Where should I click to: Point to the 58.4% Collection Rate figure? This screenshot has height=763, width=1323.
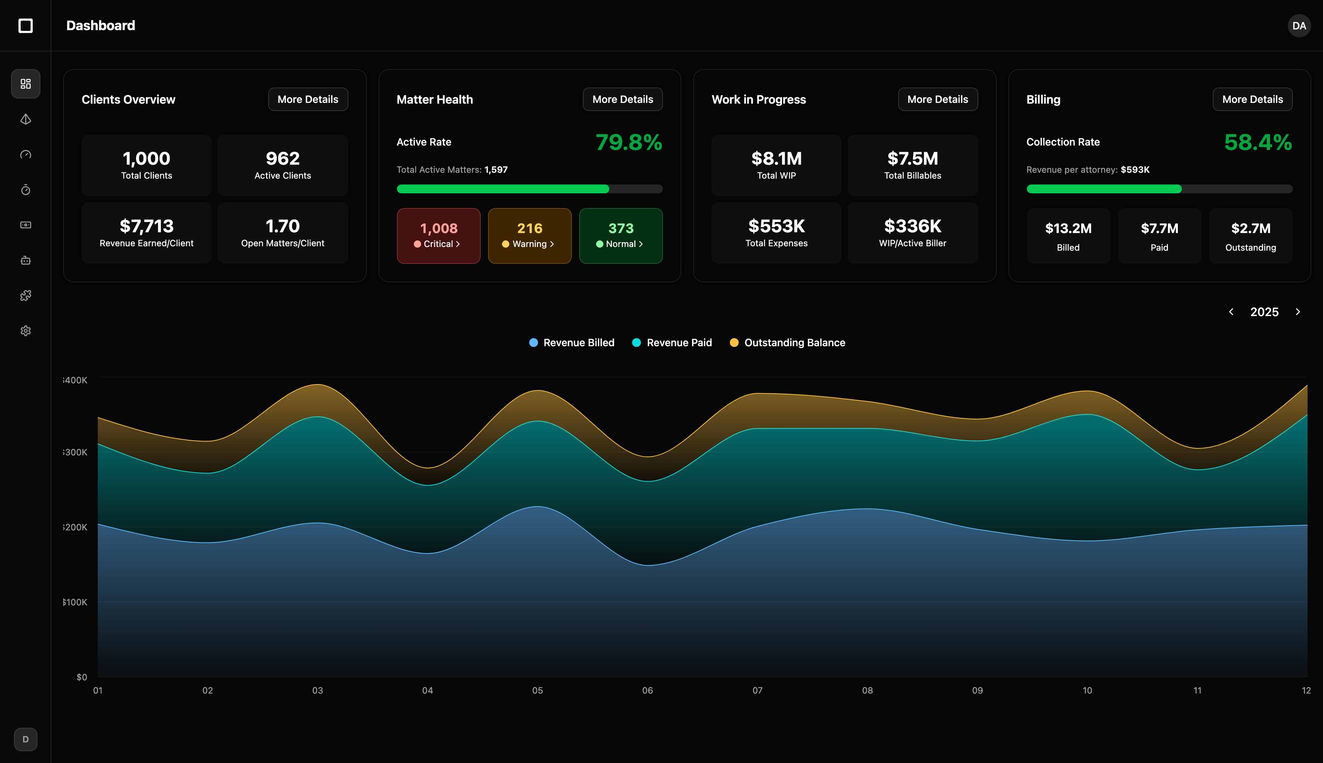[x=1258, y=143]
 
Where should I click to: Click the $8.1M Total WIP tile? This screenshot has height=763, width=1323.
[x=776, y=165]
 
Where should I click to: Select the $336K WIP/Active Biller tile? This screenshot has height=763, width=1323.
[x=912, y=233]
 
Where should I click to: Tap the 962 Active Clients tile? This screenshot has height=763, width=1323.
[x=282, y=165]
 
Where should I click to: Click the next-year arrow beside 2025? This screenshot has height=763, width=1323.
[x=1298, y=312]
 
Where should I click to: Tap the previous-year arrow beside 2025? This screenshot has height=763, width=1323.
[x=1231, y=312]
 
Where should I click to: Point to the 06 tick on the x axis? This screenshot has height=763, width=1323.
[x=647, y=691]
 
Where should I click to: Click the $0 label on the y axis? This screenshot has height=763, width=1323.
[x=82, y=677]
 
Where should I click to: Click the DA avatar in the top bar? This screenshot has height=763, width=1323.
[x=1298, y=26]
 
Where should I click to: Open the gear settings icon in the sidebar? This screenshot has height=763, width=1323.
[x=26, y=331]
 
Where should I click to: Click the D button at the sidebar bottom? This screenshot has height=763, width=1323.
[x=26, y=739]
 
